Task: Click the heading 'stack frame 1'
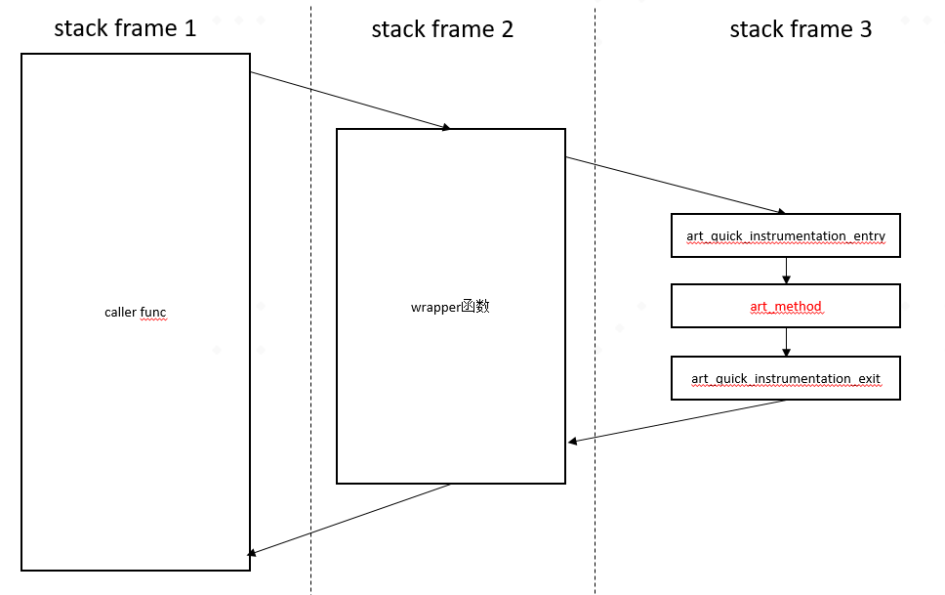click(125, 28)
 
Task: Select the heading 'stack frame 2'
click(442, 29)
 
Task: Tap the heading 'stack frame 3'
click(801, 29)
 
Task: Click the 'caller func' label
click(136, 313)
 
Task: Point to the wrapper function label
click(450, 307)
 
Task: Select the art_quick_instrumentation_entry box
click(785, 236)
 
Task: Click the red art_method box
click(785, 306)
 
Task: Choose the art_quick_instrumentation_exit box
click(785, 378)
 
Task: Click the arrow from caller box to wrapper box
click(349, 100)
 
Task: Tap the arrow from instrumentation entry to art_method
click(786, 271)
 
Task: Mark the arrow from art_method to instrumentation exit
click(786, 342)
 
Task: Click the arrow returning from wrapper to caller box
click(349, 520)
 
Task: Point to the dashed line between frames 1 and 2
click(311, 293)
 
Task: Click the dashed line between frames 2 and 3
click(595, 293)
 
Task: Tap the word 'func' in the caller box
click(153, 313)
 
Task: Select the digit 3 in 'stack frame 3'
click(865, 29)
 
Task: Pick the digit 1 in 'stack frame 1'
click(189, 28)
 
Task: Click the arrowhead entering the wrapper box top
click(446, 127)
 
